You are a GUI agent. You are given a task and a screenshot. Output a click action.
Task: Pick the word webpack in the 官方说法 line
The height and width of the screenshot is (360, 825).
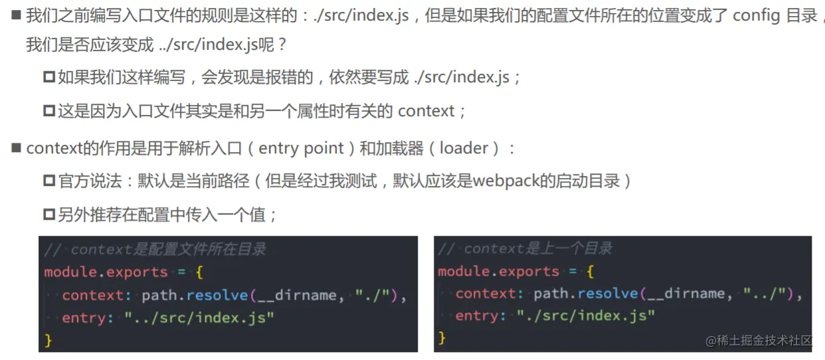point(504,180)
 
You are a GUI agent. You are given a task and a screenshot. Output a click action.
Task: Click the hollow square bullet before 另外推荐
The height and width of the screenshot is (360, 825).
point(48,215)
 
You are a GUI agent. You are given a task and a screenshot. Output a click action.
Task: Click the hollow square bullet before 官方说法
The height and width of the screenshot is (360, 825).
point(48,181)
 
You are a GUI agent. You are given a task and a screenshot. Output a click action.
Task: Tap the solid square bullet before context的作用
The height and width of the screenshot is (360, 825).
point(17,148)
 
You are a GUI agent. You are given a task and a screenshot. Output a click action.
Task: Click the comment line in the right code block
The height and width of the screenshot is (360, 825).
point(525,249)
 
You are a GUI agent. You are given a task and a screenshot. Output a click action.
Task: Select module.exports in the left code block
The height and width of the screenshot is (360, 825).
point(106,272)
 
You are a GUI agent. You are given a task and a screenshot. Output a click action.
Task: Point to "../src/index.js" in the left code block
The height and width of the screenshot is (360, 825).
point(199,318)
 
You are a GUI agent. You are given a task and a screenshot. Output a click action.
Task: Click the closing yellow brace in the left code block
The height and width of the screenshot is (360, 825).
point(48,341)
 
